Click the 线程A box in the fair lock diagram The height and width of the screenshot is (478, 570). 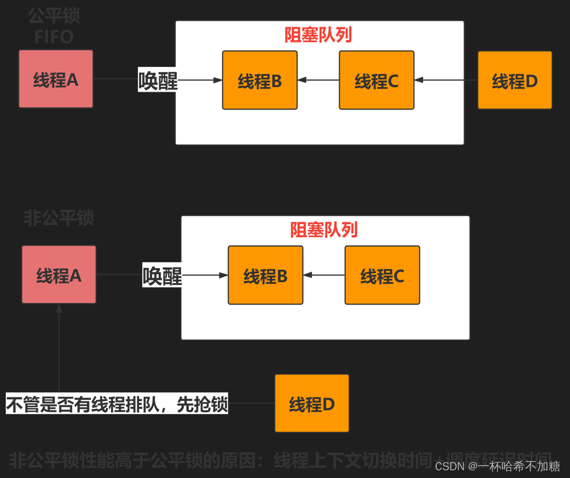56,79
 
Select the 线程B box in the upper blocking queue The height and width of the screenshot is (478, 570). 260,80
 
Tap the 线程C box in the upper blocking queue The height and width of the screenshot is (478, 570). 376,80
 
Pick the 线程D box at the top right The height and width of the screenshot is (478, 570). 514,80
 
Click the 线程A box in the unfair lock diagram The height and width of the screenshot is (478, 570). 59,275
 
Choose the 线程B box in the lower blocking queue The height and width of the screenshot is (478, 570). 265,276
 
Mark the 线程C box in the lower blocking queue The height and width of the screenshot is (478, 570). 382,276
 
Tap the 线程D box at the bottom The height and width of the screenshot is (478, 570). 312,403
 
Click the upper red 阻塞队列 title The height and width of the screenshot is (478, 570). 318,35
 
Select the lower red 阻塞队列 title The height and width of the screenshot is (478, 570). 324,230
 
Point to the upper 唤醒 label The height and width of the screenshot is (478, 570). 157,80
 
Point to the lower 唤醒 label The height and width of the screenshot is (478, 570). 162,276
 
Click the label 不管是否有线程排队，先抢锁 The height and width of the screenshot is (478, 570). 117,404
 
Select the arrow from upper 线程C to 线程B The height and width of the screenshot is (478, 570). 318,80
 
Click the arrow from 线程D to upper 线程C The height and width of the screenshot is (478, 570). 446,80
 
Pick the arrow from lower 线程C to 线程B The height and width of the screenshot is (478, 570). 324,275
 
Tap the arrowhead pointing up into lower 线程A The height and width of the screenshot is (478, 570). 59,308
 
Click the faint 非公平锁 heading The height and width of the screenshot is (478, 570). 59,218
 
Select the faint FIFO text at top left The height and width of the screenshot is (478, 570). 54,37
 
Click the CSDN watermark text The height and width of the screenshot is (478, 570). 497,466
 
